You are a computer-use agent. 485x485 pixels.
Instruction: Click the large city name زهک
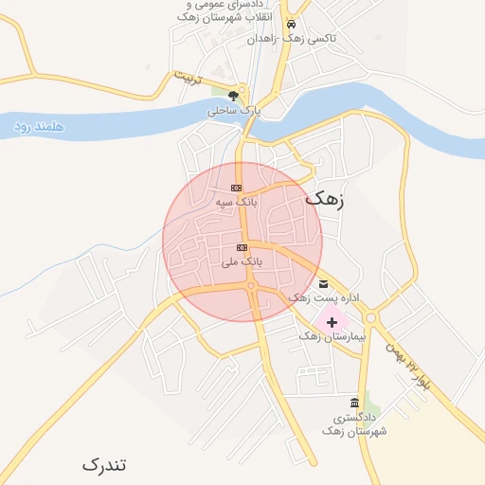point(326,200)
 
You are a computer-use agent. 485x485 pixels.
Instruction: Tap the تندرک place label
point(103,465)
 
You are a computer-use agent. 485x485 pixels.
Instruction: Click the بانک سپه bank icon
point(236,188)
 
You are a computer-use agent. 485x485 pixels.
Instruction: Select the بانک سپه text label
point(236,202)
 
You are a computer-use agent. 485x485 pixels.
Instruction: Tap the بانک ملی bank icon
point(242,247)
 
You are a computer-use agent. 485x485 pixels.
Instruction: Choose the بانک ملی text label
point(242,261)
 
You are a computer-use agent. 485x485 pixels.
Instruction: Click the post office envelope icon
point(324,283)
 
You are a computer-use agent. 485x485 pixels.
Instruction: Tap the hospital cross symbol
point(332,322)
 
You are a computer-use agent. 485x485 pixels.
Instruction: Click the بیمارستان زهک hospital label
point(332,337)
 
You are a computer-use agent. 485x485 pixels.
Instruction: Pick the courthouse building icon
point(354,404)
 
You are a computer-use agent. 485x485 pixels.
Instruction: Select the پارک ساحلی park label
point(233,111)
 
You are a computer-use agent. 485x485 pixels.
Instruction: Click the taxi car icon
point(291,25)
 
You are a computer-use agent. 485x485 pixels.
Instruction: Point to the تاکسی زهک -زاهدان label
point(292,40)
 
